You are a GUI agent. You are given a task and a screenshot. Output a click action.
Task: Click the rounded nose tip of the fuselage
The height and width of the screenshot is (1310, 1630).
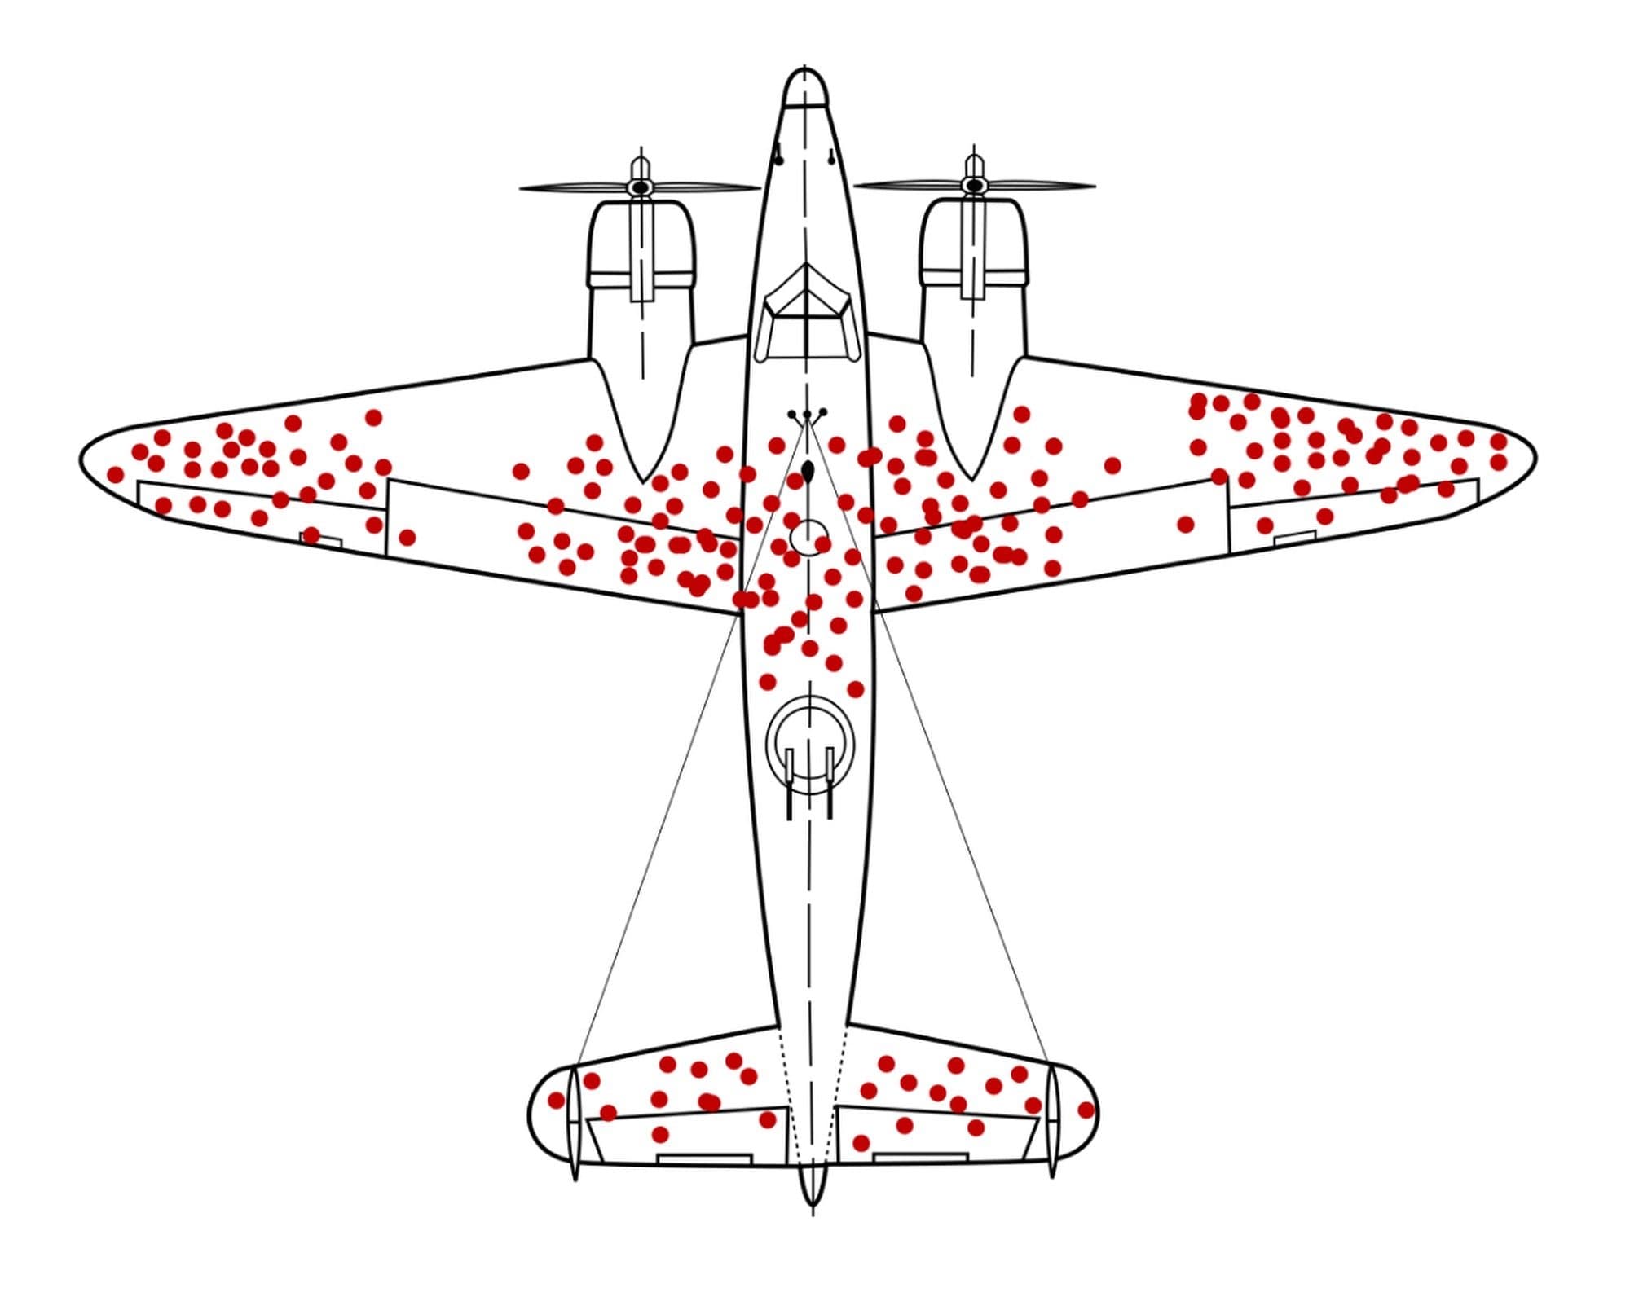[x=805, y=81]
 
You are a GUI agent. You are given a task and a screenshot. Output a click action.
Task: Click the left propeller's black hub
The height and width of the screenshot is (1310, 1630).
[x=641, y=187]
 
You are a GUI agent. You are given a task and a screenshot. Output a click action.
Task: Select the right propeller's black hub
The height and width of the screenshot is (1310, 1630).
[x=972, y=186]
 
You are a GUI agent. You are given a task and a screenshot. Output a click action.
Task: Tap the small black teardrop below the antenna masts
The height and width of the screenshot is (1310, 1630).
[x=808, y=471]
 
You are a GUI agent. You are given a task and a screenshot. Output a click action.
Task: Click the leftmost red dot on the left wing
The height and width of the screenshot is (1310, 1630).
[x=116, y=474]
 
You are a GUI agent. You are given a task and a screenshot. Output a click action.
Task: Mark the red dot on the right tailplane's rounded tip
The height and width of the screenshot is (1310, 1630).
[x=1086, y=1110]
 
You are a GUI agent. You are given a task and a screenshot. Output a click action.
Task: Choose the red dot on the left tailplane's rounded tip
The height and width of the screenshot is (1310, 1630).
[x=556, y=1101]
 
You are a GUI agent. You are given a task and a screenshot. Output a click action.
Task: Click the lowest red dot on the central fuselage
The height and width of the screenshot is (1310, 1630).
[x=855, y=689]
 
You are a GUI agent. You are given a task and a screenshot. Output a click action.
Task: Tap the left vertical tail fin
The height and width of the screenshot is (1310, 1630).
[x=575, y=1121]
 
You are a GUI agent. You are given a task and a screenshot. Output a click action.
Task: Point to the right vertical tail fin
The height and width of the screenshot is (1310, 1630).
[x=1052, y=1119]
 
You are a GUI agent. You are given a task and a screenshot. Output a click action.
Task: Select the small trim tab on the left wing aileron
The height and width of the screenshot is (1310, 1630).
[x=321, y=539]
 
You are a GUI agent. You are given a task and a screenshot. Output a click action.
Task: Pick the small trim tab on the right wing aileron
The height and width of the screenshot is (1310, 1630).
[x=1295, y=538]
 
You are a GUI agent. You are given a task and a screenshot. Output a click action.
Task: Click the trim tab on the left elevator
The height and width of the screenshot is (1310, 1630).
[x=704, y=1158]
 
